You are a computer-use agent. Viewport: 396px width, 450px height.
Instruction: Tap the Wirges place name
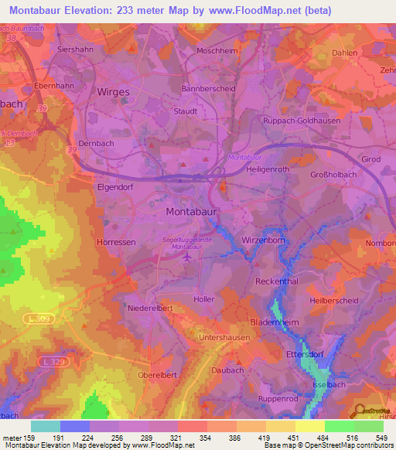[113, 91]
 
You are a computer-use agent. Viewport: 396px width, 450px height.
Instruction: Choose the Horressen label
[117, 242]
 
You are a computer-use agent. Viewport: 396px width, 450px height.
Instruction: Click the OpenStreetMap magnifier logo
[361, 411]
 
